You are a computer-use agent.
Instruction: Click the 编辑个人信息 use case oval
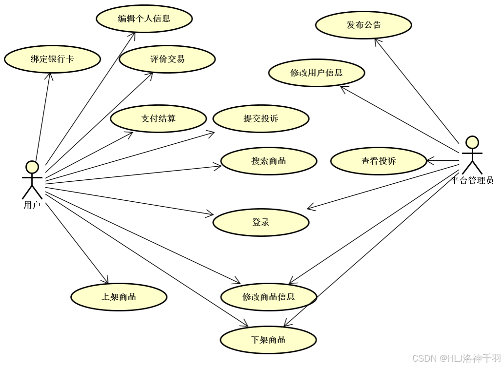(x=144, y=19)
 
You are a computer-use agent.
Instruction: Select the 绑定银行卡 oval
(x=52, y=59)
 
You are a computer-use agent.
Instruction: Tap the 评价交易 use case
(x=167, y=59)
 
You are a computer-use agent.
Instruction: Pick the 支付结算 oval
(x=159, y=117)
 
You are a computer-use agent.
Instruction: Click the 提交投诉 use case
(x=261, y=118)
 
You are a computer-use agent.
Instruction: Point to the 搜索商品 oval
(x=269, y=161)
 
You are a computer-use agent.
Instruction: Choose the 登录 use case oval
(x=261, y=222)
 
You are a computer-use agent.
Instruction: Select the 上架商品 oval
(x=119, y=296)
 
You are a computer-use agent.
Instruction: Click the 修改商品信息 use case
(x=269, y=296)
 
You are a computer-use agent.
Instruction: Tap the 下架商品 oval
(x=268, y=340)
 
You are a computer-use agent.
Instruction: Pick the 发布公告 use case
(x=363, y=25)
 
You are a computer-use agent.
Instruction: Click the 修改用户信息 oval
(x=317, y=73)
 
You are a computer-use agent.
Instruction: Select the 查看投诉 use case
(x=379, y=161)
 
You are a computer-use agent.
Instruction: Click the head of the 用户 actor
(x=32, y=167)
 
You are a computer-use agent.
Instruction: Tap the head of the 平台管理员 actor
(x=472, y=142)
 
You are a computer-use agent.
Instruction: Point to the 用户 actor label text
(x=32, y=205)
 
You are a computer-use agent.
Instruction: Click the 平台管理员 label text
(x=472, y=180)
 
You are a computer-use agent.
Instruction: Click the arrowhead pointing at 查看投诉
(x=430, y=160)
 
